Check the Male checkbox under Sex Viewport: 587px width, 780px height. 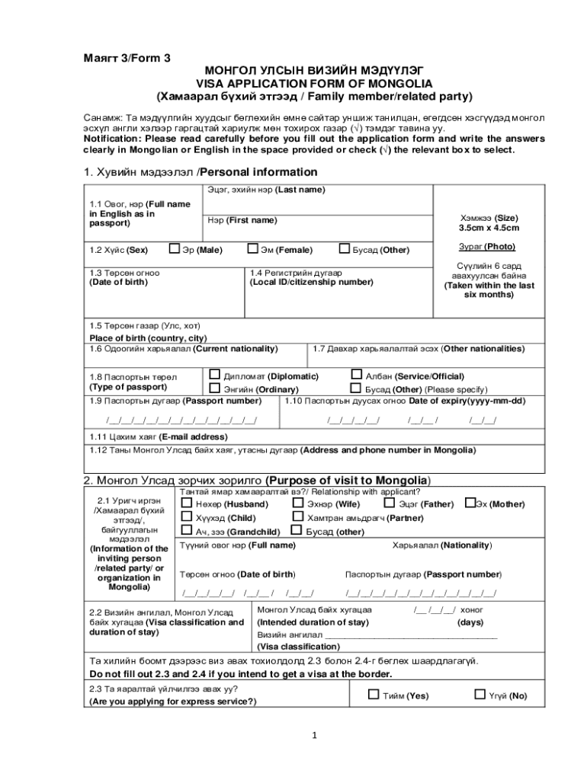pyautogui.click(x=175, y=248)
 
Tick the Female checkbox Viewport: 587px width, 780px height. pyautogui.click(x=252, y=248)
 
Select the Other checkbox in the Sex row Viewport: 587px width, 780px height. pyautogui.click(x=345, y=248)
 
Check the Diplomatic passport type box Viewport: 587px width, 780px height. pyautogui.click(x=215, y=375)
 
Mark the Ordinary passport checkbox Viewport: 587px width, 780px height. pyautogui.click(x=215, y=388)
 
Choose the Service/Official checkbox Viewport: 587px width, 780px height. pyautogui.click(x=356, y=375)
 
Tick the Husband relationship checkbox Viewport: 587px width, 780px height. pyautogui.click(x=187, y=503)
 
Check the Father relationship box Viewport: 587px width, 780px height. pyautogui.click(x=390, y=503)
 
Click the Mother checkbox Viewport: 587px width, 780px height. pyautogui.click(x=470, y=503)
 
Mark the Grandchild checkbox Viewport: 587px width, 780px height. pyautogui.click(x=187, y=531)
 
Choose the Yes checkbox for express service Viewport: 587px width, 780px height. pyautogui.click(x=373, y=694)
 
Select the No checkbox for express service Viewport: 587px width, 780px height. pyautogui.click(x=480, y=694)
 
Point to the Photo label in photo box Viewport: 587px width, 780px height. pyautogui.click(x=486, y=246)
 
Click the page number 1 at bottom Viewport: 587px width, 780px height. pyautogui.click(x=313, y=735)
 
